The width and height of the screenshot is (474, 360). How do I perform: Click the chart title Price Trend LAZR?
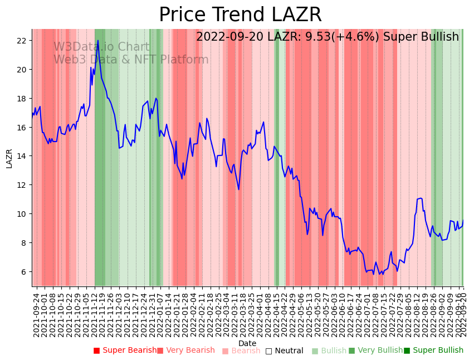tap(240, 15)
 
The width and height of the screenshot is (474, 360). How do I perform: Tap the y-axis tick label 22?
tap(22, 41)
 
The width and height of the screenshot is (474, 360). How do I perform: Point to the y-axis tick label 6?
tap(24, 272)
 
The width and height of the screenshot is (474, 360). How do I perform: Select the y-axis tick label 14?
tap(22, 156)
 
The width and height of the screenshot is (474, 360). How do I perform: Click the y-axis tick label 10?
tap(22, 214)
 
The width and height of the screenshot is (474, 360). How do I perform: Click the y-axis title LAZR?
tap(9, 158)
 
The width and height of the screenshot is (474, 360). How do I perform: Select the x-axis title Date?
tap(247, 343)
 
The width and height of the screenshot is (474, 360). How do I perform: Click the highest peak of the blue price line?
tap(98, 40)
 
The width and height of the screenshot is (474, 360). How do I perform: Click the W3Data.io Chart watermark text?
tap(101, 47)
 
